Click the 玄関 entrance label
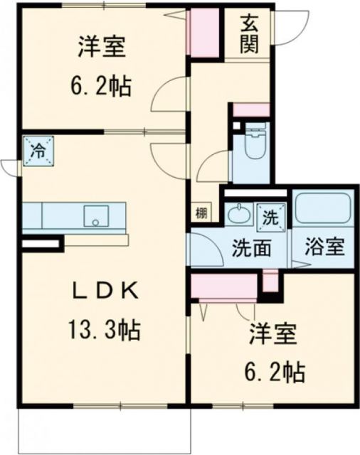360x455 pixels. [x=248, y=36]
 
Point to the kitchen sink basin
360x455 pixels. [x=94, y=215]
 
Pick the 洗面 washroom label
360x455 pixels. [x=250, y=249]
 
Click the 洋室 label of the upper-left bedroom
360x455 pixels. [x=102, y=48]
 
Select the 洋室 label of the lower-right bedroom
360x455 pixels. [x=272, y=332]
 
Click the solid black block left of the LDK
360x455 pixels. [x=38, y=245]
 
